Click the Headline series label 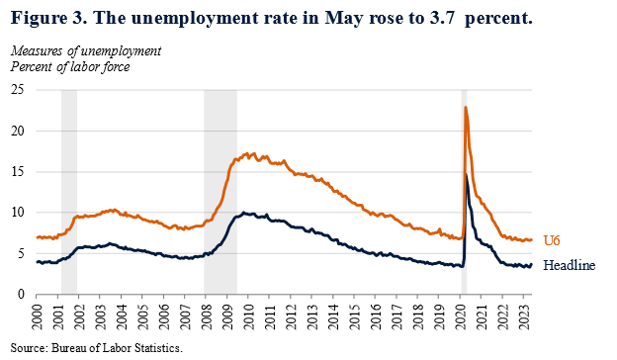pos(570,266)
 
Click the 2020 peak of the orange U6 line pos(465,107)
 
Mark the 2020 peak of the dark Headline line pos(466,175)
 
